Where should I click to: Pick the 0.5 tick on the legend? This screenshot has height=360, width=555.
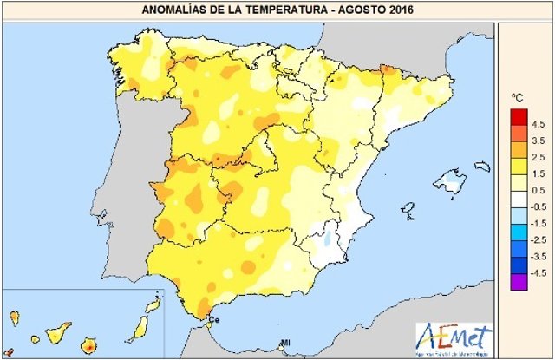point(537,189)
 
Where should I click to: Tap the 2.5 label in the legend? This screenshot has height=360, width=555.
point(537,156)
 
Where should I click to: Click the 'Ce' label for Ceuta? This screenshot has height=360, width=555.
point(216,322)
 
